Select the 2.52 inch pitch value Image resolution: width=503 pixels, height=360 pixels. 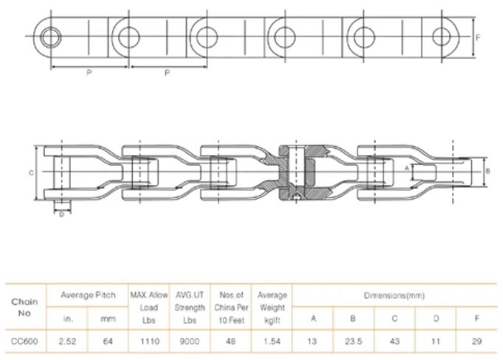tap(69, 342)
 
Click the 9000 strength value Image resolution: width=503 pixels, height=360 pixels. tap(190, 342)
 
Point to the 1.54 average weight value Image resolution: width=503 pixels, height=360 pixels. tap(272, 342)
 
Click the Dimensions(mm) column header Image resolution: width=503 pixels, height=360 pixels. tap(394, 295)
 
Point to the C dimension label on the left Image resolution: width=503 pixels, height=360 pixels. tap(31, 173)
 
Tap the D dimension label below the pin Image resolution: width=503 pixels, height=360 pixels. tap(61, 216)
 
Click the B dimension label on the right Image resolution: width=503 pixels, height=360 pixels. tap(488, 171)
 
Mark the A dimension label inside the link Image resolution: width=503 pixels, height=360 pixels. tap(406, 168)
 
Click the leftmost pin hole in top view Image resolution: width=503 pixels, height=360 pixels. tap(52, 35)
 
